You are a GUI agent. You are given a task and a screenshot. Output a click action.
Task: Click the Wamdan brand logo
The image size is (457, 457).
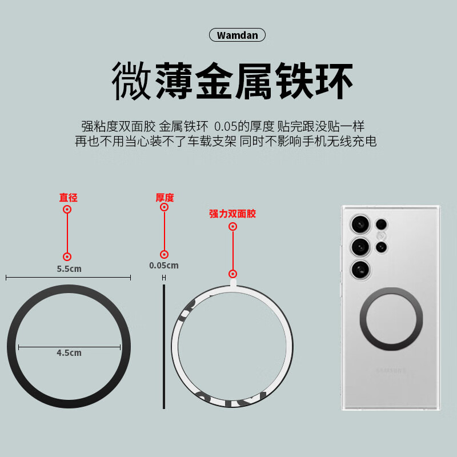(237, 35)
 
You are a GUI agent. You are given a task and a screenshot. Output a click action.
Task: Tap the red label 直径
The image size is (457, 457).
(68, 198)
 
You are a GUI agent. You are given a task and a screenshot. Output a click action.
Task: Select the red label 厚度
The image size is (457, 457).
(165, 198)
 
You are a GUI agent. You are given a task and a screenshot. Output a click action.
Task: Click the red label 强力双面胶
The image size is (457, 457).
(232, 214)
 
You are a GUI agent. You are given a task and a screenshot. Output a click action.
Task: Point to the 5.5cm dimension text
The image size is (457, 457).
(69, 268)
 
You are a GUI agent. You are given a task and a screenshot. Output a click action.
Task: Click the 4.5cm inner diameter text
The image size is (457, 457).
(69, 352)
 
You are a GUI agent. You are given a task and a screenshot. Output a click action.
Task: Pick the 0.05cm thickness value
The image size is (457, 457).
(164, 266)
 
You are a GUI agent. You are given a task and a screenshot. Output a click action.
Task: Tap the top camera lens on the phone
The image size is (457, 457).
(360, 225)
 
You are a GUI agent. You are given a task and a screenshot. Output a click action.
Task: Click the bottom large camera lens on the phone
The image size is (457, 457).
(360, 270)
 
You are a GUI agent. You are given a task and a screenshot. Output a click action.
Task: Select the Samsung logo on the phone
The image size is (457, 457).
(391, 371)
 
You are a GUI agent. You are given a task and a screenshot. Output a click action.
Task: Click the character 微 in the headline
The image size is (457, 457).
(131, 81)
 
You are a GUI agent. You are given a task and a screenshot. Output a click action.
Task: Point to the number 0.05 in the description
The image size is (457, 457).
(225, 126)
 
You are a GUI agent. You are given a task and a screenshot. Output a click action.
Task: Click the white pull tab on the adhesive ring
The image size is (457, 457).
(233, 282)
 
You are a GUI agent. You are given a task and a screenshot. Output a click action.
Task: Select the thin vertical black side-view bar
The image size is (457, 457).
(164, 347)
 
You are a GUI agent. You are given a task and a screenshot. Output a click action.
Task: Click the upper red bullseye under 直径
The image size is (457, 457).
(67, 209)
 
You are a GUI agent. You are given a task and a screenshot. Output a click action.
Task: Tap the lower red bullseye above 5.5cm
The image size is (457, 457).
(67, 256)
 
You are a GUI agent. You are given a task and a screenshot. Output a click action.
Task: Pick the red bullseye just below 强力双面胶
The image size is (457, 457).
(232, 226)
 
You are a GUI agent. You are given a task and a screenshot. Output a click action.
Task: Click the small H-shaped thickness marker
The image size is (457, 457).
(164, 278)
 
